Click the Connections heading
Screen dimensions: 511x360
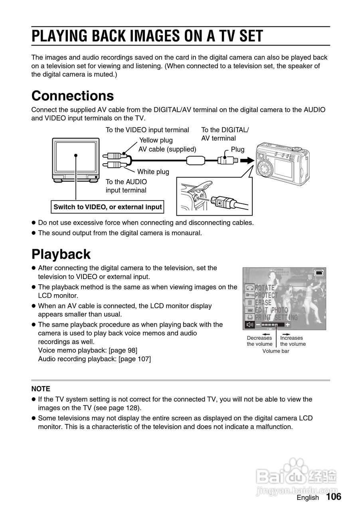click(72, 96)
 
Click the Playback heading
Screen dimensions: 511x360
click(61, 254)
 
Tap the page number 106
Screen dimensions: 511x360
click(333, 497)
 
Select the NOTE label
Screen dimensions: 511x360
click(41, 388)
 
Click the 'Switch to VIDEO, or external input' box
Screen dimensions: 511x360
click(108, 207)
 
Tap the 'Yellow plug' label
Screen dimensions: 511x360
click(156, 140)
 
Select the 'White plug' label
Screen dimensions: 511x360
click(153, 172)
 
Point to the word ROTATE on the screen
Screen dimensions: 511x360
click(265, 287)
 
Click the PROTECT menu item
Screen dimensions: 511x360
click(266, 295)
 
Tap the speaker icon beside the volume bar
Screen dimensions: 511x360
click(250, 325)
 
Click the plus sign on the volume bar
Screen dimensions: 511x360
click(287, 325)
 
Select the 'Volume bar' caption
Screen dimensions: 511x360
click(275, 351)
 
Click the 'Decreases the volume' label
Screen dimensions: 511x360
click(259, 341)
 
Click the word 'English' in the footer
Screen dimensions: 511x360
click(308, 497)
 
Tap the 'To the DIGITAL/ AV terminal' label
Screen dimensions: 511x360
click(224, 134)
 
